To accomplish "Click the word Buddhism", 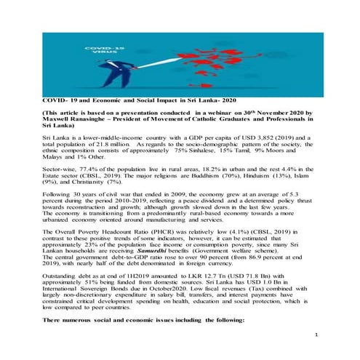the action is [241, 176].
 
